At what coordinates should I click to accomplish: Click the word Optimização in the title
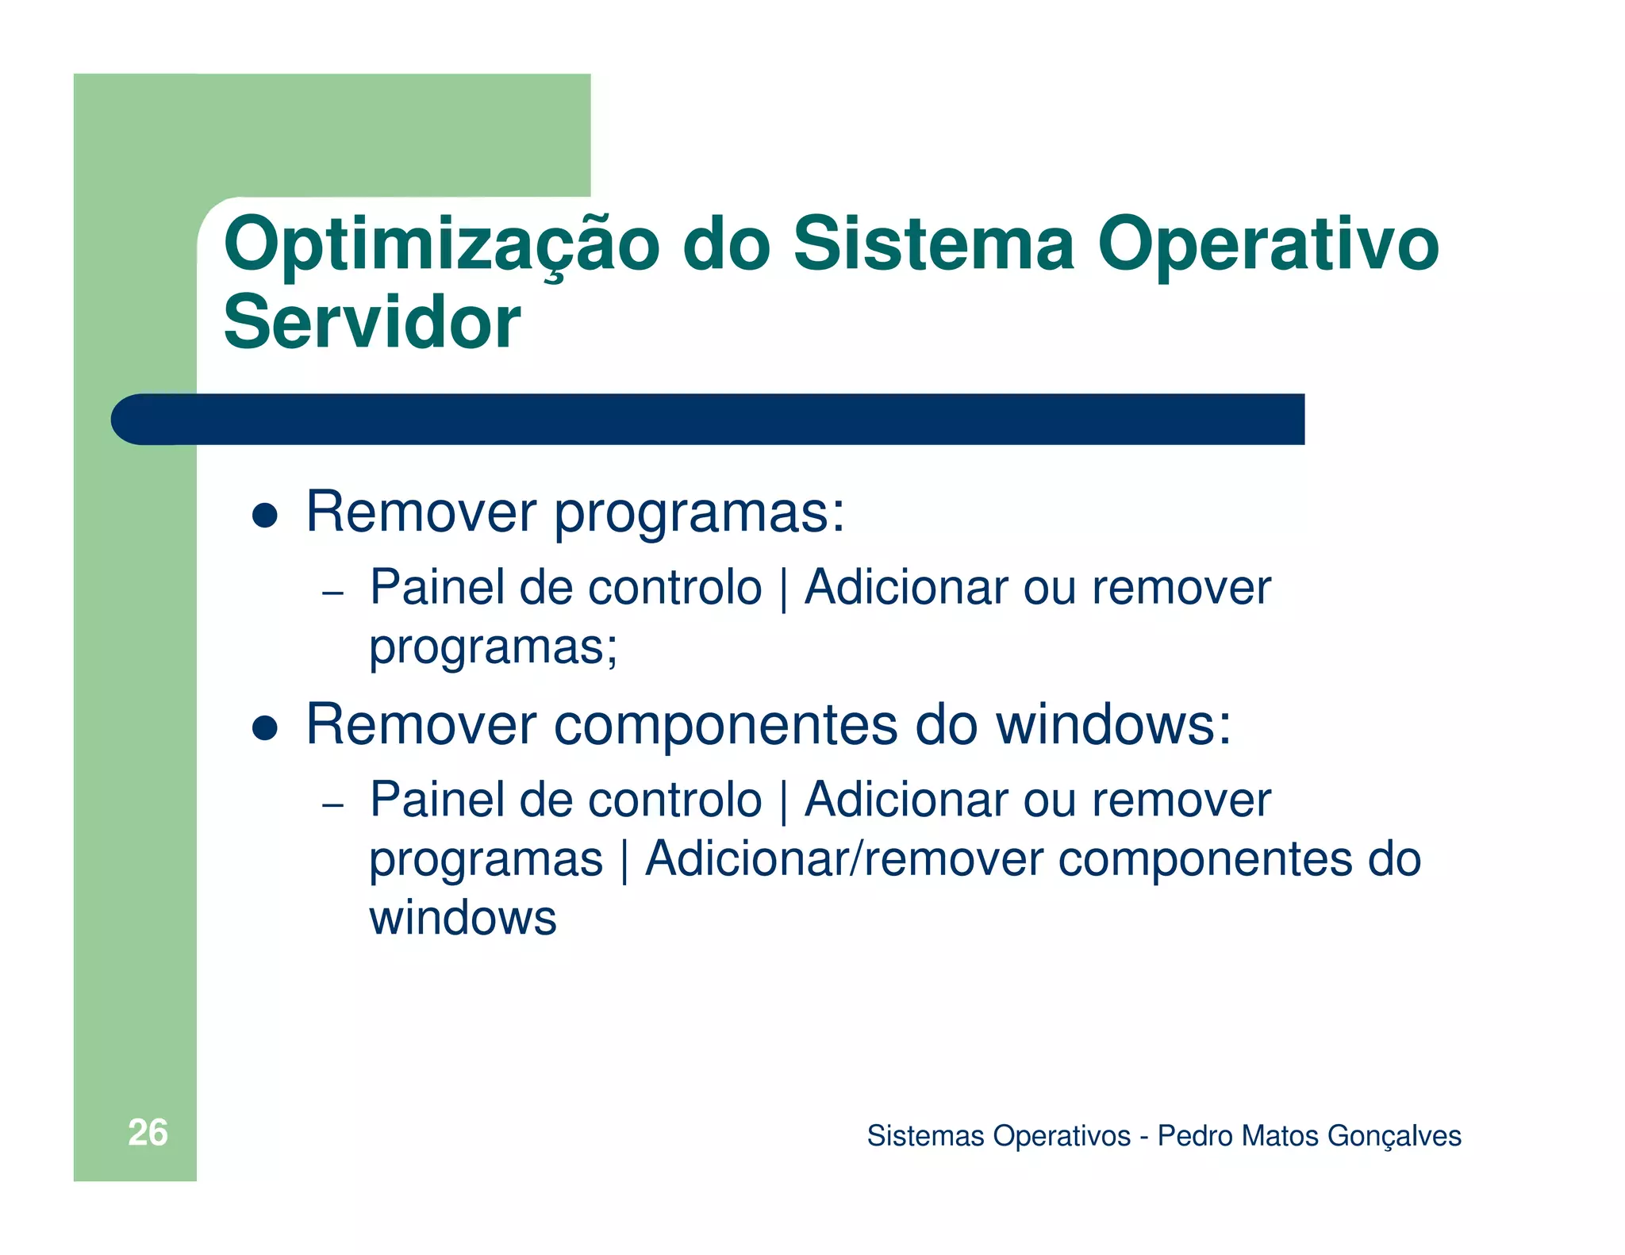(x=441, y=246)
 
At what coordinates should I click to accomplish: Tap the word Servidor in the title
(x=371, y=323)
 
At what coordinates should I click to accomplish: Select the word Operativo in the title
(x=1267, y=246)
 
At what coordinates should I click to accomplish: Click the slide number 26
(x=148, y=1133)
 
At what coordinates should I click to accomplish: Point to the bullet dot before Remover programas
(x=264, y=516)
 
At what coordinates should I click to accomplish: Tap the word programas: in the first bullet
(x=699, y=514)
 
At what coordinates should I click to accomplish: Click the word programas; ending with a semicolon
(x=493, y=647)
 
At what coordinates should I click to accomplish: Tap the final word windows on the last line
(x=463, y=919)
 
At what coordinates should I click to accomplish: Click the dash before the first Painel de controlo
(x=332, y=593)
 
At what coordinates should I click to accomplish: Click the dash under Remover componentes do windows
(x=332, y=804)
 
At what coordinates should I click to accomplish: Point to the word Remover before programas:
(x=421, y=512)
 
